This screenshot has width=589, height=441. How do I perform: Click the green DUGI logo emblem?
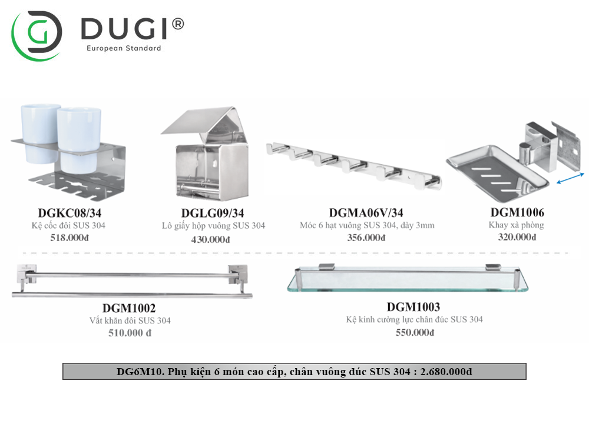37,34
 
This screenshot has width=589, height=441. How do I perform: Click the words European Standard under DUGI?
124,48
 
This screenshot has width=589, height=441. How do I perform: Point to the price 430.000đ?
210,239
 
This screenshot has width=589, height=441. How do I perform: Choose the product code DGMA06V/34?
366,213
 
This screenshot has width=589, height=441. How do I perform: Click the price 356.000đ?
366,238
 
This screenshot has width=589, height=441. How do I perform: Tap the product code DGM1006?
517,212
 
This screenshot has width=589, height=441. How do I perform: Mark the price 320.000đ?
517,237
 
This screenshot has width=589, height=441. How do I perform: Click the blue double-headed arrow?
570,179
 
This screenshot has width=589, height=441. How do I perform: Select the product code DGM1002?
129,308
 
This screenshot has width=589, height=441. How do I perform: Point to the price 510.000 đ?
130,333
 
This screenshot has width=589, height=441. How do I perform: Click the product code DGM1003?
413,306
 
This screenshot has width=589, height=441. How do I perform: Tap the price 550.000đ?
415,332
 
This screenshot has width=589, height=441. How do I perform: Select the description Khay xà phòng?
516,225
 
